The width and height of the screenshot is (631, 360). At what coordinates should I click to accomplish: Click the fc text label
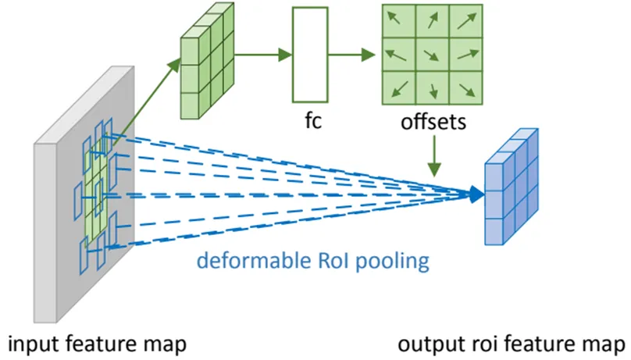coord(312,123)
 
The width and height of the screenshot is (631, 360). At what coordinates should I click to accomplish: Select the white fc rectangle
coord(311,55)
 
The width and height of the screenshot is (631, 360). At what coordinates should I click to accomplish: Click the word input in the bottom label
coord(31,344)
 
